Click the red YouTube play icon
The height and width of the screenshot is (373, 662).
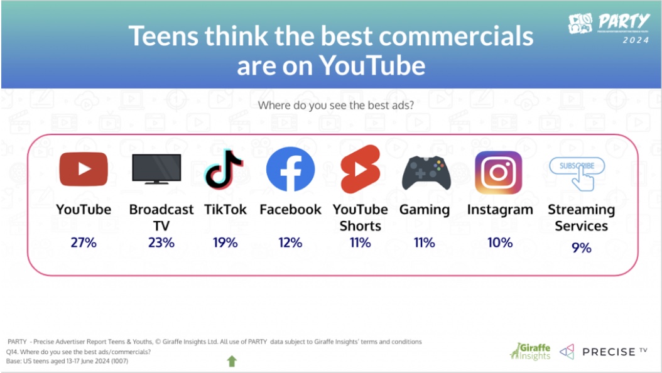84,169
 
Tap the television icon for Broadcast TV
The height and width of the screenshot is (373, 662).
156,169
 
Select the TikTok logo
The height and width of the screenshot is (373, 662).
224,169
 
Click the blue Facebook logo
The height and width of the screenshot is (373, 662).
290,169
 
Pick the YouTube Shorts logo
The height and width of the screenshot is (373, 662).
360,169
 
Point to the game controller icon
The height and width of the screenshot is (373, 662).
426,173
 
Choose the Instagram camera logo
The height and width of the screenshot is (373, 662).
499,173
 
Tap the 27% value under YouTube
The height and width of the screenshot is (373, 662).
84,242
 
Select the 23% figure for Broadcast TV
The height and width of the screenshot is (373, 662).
161,242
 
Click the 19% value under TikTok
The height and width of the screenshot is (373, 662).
225,242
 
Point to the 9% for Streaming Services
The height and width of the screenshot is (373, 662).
582,247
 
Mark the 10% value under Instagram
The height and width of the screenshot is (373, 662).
500,242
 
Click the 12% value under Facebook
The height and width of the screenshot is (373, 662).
290,242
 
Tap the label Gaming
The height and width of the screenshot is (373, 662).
425,210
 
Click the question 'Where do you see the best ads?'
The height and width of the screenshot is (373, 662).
336,105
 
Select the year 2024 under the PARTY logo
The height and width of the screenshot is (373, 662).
636,40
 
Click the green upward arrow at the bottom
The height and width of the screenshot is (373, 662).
232,361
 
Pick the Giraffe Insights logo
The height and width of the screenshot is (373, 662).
530,351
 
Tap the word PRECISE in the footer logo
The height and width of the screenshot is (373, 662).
609,352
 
